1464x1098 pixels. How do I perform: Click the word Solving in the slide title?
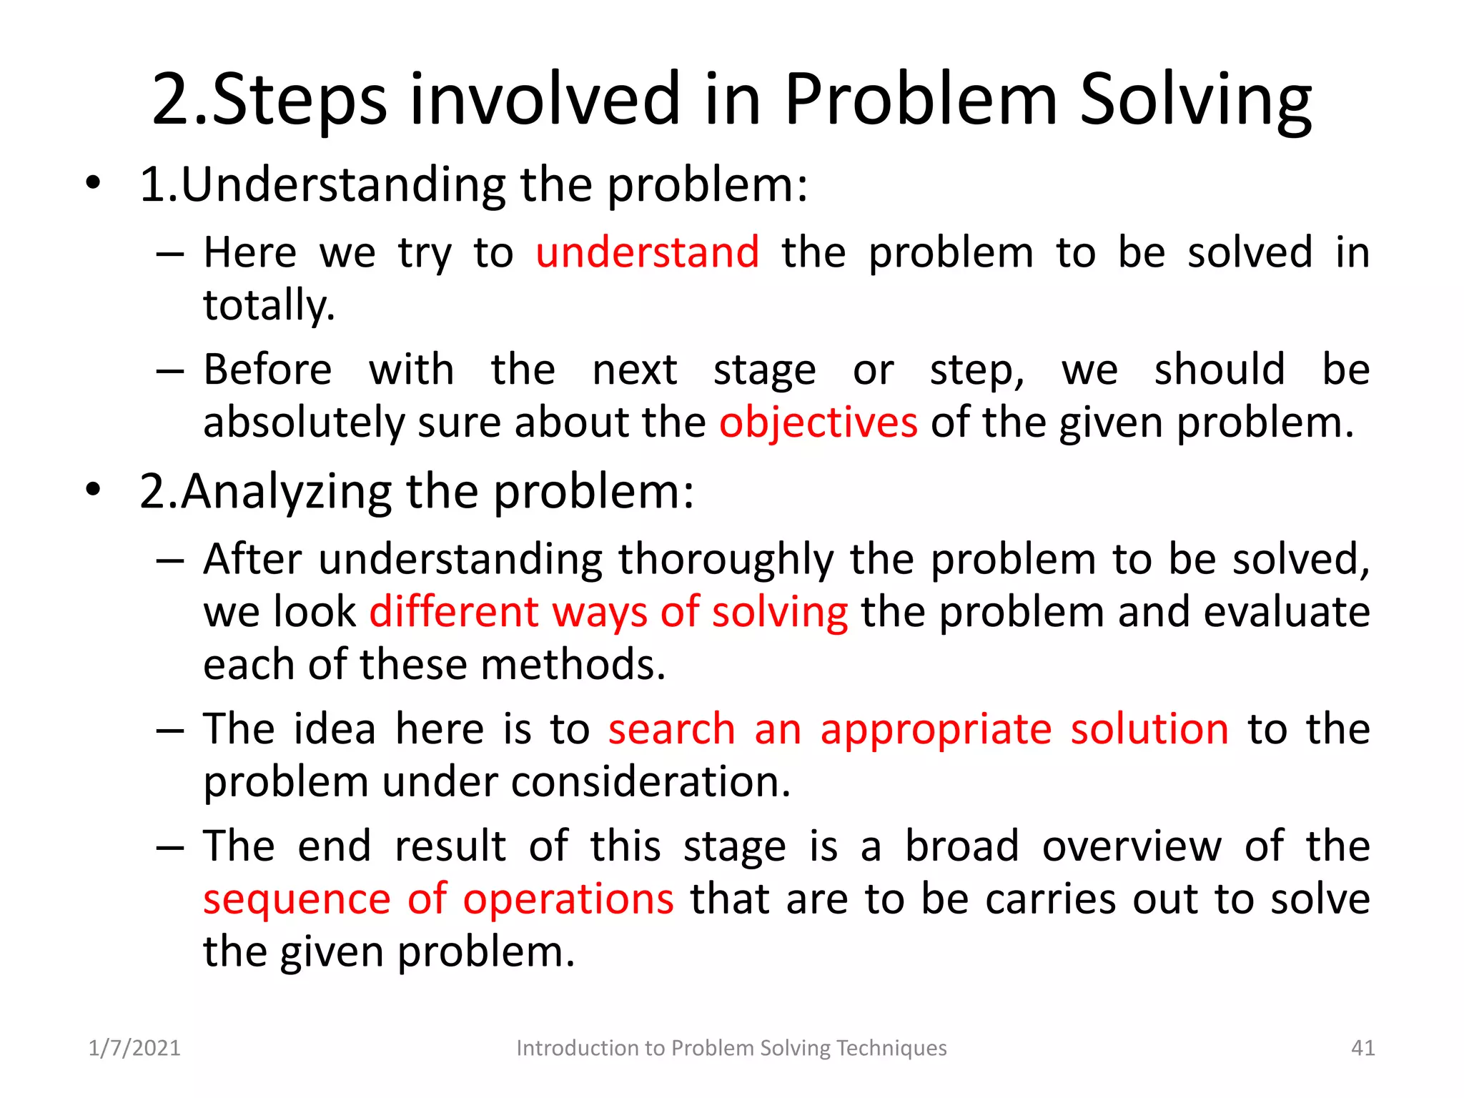click(1195, 100)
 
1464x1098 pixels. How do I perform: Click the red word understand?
click(647, 252)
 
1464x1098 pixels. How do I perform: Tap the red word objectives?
click(818, 422)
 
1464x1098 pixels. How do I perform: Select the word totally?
click(269, 306)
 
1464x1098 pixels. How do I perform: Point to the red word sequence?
click(297, 899)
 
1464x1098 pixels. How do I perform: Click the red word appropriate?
click(936, 729)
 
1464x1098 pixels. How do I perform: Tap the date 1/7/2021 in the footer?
click(134, 1048)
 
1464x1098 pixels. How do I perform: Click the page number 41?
click(1362, 1048)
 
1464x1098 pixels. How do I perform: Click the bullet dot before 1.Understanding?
click(92, 184)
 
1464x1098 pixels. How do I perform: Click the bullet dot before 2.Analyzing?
click(92, 490)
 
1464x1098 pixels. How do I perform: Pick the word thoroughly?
click(726, 559)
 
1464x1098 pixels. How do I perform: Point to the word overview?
click(1132, 846)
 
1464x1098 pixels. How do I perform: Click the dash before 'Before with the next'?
click(170, 371)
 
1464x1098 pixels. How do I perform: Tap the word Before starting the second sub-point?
click(267, 370)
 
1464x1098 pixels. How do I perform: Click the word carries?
click(1050, 899)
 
